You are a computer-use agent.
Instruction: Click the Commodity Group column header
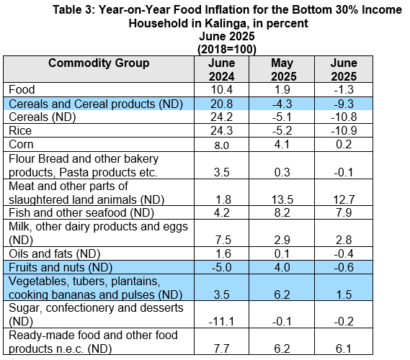pyautogui.click(x=99, y=63)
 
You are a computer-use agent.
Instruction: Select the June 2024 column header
pyautogui.click(x=221, y=70)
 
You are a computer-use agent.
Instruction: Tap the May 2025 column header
pyautogui.click(x=282, y=70)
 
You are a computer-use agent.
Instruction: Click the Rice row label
pyautogui.click(x=20, y=130)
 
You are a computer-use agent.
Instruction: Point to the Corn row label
pyautogui.click(x=21, y=145)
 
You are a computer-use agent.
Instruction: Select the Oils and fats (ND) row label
pyautogui.click(x=54, y=253)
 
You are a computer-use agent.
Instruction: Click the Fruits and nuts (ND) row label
pyautogui.click(x=61, y=267)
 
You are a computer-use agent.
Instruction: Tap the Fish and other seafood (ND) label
pyautogui.click(x=81, y=212)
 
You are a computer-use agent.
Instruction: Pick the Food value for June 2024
pyautogui.click(x=221, y=90)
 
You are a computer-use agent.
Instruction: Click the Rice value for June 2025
pyautogui.click(x=344, y=130)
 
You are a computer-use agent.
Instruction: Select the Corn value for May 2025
pyautogui.click(x=282, y=145)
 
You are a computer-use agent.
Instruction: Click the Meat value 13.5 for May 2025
pyautogui.click(x=282, y=200)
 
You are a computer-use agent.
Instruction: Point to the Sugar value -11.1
pyautogui.click(x=221, y=322)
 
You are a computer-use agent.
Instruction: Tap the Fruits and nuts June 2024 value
pyautogui.click(x=221, y=268)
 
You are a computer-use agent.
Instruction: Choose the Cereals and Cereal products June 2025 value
pyautogui.click(x=344, y=104)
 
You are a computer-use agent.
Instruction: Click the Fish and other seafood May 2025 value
pyautogui.click(x=282, y=212)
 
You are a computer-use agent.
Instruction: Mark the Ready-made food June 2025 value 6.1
pyautogui.click(x=344, y=348)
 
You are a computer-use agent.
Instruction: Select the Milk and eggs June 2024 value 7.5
pyautogui.click(x=223, y=240)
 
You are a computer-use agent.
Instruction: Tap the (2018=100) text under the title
pyautogui.click(x=227, y=49)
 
